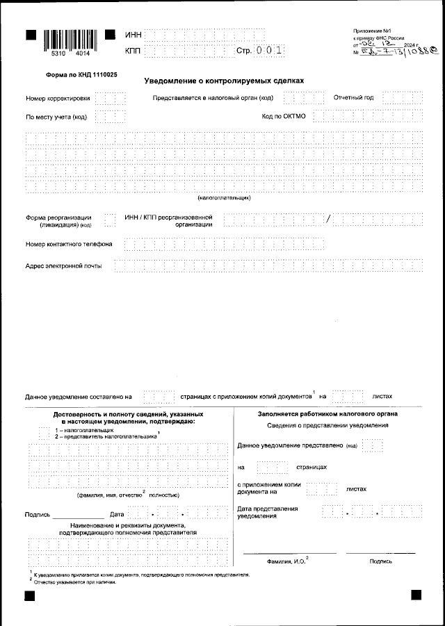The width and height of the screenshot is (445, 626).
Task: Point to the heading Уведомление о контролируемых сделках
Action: click(219, 81)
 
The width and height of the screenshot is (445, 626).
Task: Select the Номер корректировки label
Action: click(58, 98)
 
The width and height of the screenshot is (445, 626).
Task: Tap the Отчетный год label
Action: click(353, 97)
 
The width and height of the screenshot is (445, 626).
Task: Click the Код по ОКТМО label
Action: click(284, 116)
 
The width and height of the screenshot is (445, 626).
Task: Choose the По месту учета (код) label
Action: click(56, 117)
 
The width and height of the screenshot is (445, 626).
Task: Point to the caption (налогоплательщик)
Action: click(224, 198)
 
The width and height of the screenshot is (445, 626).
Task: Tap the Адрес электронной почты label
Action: click(63, 266)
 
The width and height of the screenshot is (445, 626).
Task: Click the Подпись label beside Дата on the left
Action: click(36, 515)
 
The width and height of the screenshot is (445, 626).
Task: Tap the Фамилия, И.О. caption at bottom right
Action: click(286, 560)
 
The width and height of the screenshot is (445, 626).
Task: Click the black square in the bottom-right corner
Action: click(416, 595)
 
